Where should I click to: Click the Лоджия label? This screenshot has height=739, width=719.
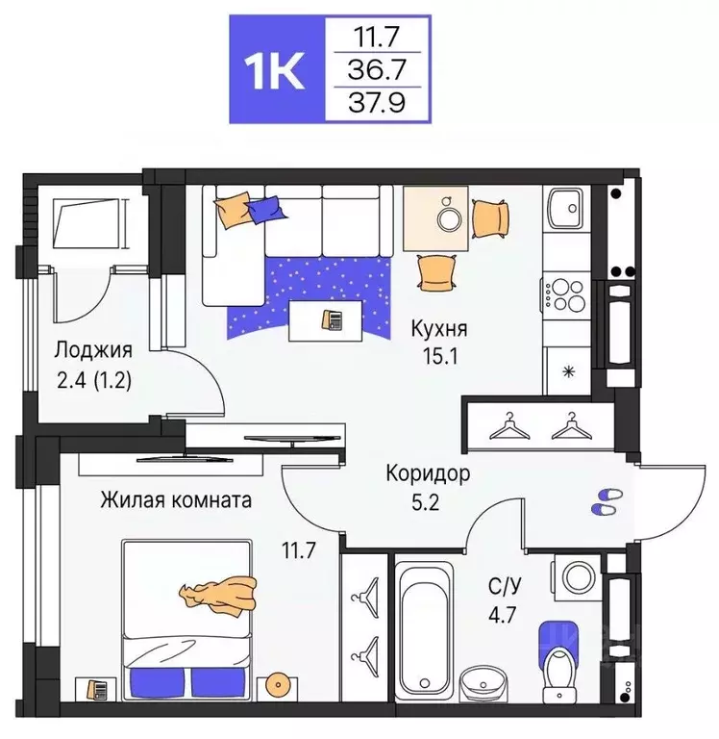click(x=93, y=349)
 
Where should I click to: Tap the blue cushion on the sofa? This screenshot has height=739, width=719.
click(x=266, y=208)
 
